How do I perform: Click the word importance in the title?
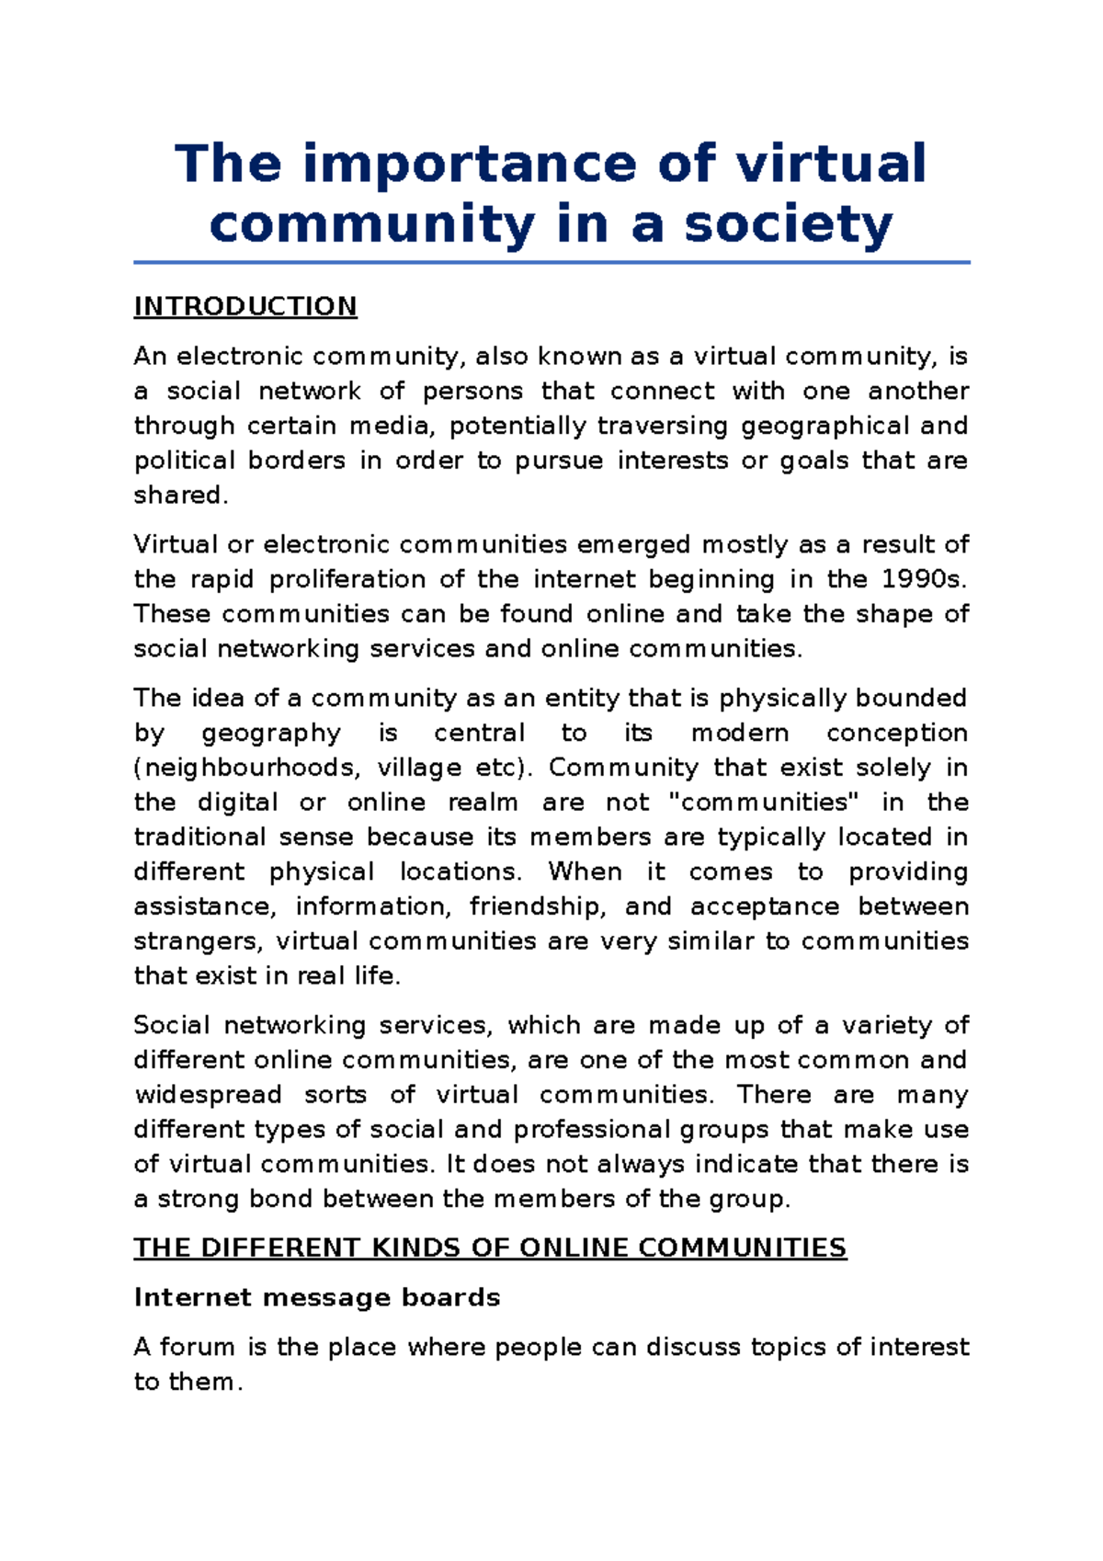469,164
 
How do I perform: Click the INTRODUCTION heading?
244,306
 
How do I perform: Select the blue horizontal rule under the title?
551,263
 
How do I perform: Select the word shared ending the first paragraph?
177,496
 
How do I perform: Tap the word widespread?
208,1095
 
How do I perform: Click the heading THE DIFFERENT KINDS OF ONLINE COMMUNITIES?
490,1248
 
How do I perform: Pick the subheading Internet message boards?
317,1297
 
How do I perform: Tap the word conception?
896,734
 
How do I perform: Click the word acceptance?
764,907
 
